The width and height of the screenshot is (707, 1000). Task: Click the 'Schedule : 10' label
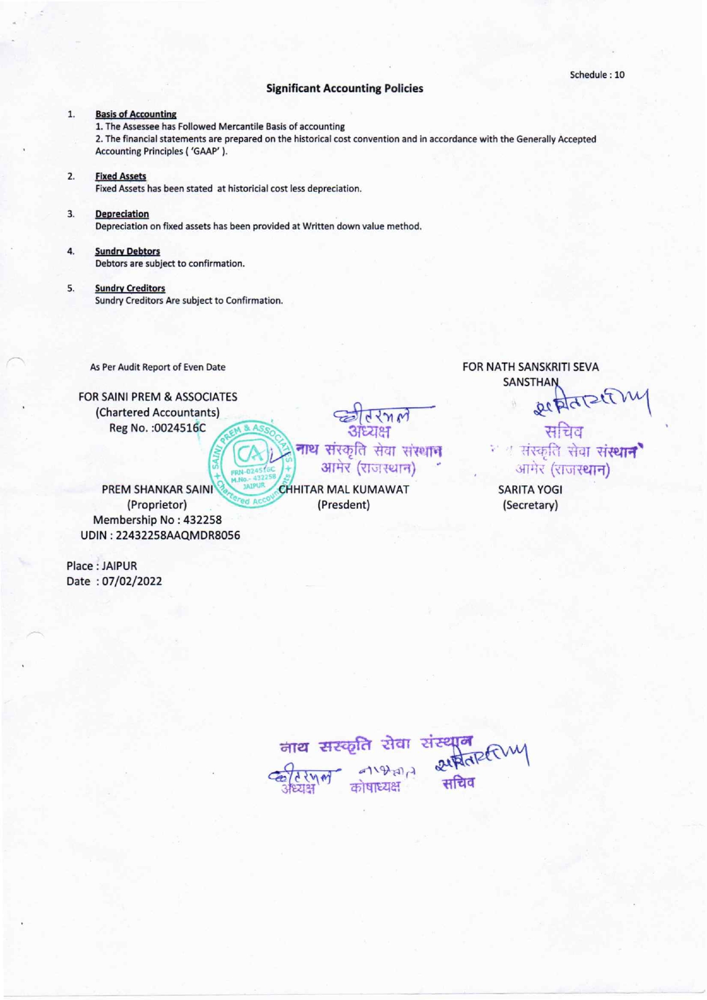(x=597, y=75)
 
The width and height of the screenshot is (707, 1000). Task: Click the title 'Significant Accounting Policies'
(x=344, y=88)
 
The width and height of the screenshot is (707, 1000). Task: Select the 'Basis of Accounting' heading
(x=136, y=115)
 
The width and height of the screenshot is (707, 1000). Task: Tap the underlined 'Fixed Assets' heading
(x=120, y=176)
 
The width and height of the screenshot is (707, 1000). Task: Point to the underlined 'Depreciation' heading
(x=122, y=214)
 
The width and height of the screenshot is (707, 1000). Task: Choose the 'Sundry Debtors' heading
(x=127, y=251)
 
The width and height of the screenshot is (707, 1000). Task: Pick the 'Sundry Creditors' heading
(x=130, y=288)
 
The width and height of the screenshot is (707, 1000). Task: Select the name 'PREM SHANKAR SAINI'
(x=157, y=489)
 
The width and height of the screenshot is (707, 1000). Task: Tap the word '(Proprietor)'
(x=157, y=505)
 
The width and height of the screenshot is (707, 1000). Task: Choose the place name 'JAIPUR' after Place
(x=119, y=566)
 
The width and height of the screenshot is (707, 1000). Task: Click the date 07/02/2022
(x=132, y=581)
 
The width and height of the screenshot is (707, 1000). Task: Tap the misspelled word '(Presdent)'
(x=344, y=505)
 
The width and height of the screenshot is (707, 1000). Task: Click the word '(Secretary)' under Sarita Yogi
(x=530, y=505)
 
